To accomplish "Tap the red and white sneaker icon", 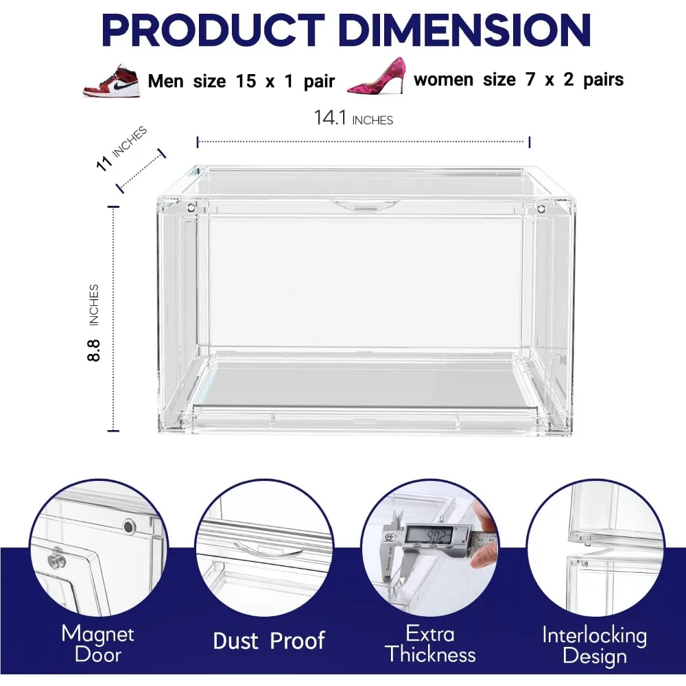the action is [x=112, y=81].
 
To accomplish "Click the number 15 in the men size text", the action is [x=246, y=82].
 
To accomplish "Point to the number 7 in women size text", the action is [x=530, y=80].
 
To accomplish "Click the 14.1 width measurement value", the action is [x=330, y=118].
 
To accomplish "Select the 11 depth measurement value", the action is [x=104, y=163].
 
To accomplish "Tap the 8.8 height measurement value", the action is [x=93, y=351].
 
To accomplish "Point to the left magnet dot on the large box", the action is [x=191, y=207].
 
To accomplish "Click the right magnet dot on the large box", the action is [x=541, y=209].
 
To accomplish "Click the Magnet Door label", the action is [x=98, y=643].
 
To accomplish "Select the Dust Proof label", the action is [x=269, y=641].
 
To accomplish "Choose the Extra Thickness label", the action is [x=431, y=644].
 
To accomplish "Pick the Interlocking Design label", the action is [x=595, y=646].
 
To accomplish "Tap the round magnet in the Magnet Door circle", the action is [x=129, y=526].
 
